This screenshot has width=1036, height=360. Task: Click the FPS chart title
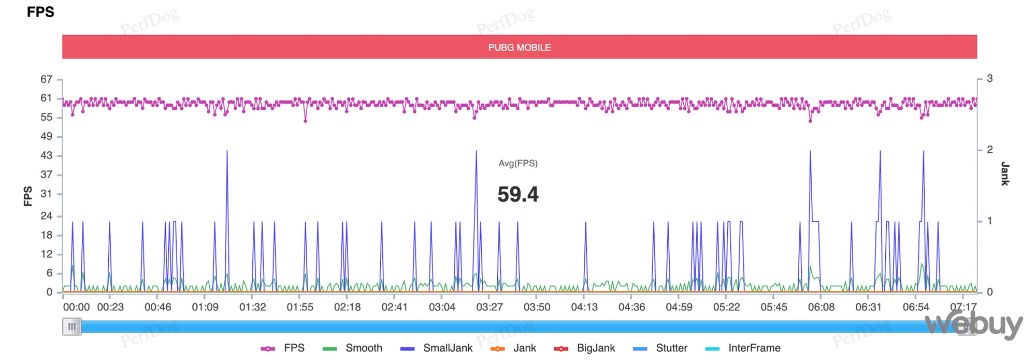click(x=40, y=12)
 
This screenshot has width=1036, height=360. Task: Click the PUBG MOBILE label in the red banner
click(x=519, y=48)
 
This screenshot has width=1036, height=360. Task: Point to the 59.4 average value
click(x=517, y=195)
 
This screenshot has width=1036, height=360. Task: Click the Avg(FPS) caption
click(x=517, y=164)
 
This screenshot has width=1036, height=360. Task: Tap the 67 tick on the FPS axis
click(x=47, y=79)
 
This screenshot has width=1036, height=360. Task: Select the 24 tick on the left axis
click(x=47, y=216)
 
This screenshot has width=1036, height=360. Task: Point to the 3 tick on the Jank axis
click(x=989, y=79)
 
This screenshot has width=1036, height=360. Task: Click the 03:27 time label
click(x=490, y=307)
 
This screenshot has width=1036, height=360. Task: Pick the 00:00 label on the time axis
click(x=76, y=307)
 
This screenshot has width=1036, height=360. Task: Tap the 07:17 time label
click(x=963, y=307)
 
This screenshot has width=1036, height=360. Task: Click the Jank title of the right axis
click(x=1005, y=174)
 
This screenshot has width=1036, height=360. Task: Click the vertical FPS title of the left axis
click(x=28, y=196)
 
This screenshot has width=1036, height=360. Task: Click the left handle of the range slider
click(x=72, y=327)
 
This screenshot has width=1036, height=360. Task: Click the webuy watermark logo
click(x=974, y=325)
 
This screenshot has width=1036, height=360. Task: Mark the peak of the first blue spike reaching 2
click(x=227, y=151)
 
